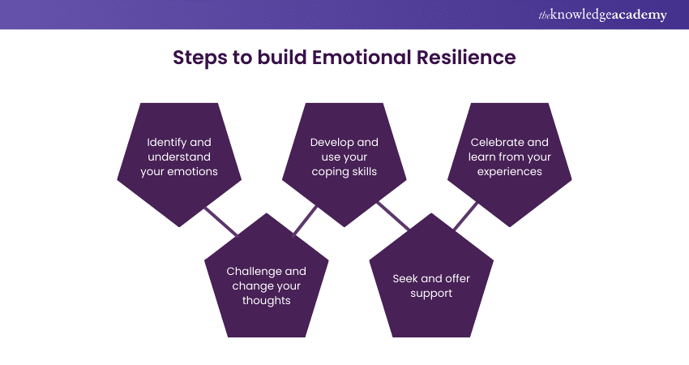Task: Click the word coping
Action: click(x=331, y=171)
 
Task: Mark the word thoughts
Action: click(x=266, y=300)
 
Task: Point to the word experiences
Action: click(x=509, y=171)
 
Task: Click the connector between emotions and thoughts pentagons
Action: click(x=220, y=220)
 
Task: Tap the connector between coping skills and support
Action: click(x=392, y=217)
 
